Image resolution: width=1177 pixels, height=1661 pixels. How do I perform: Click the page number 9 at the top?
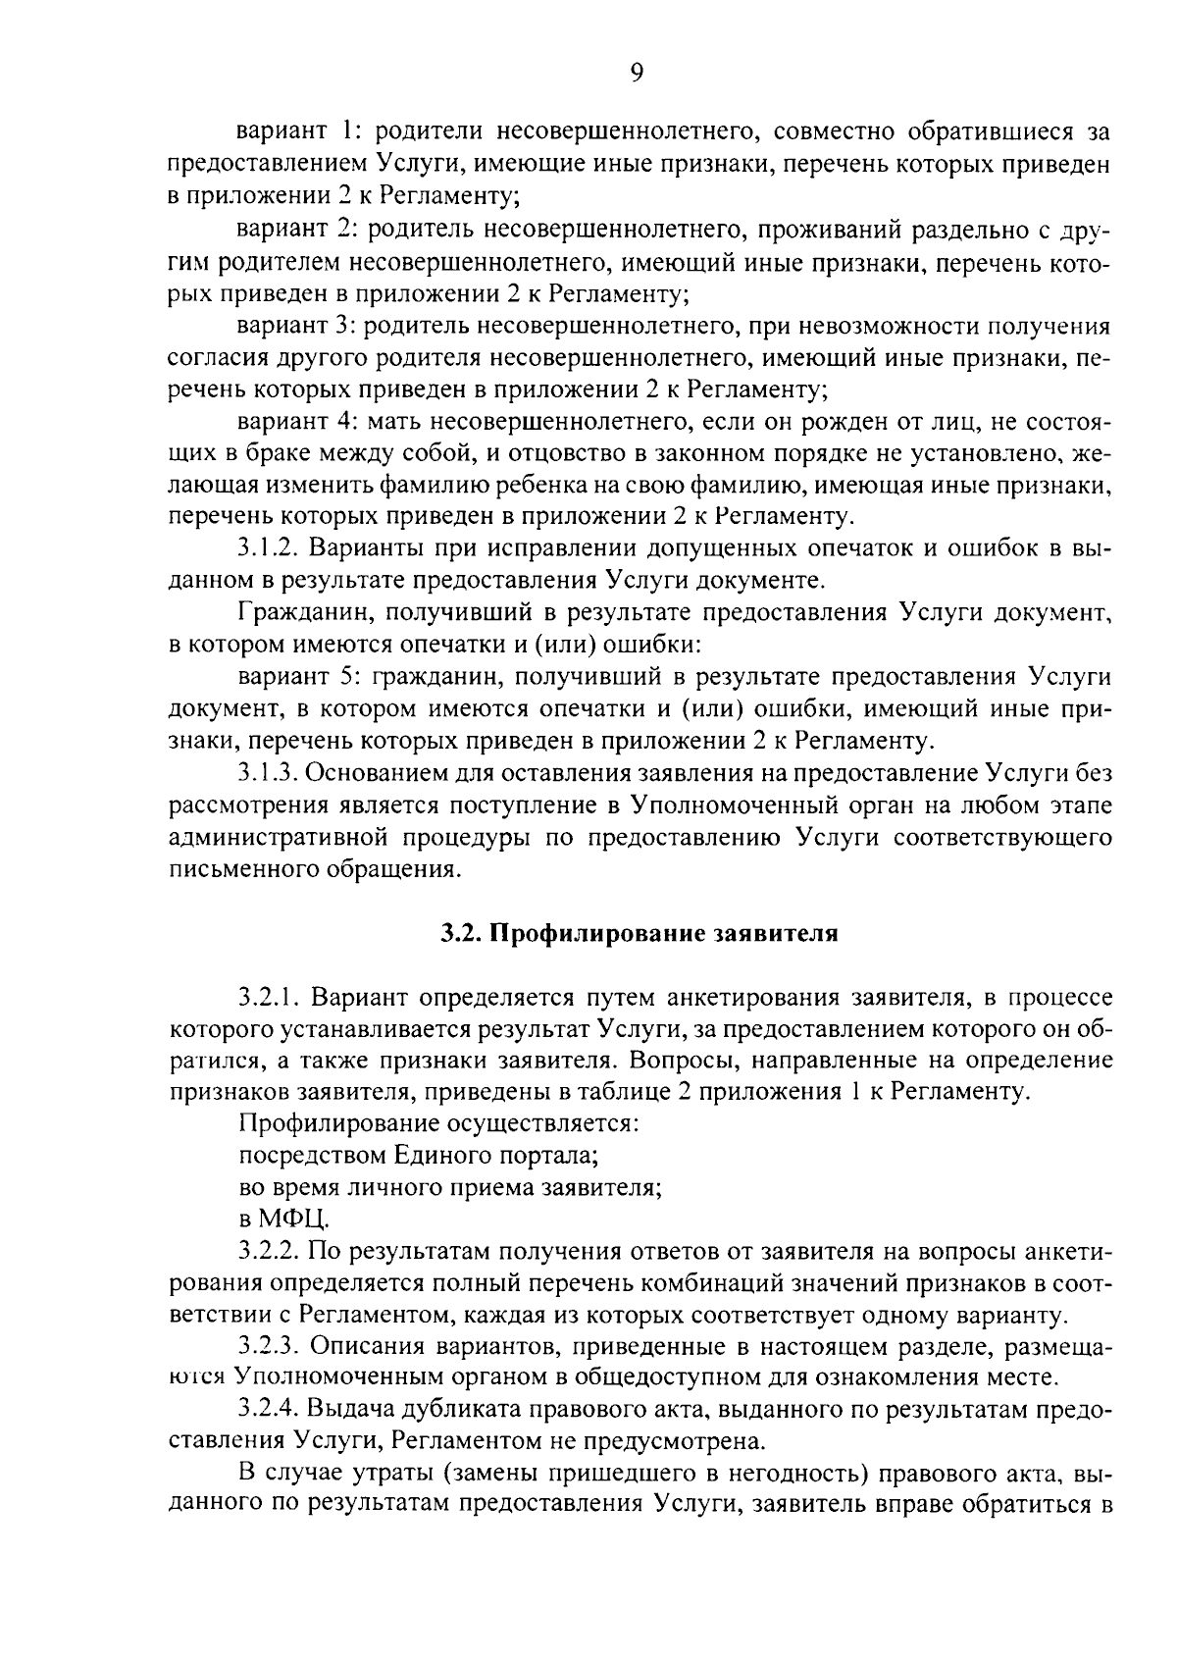[637, 75]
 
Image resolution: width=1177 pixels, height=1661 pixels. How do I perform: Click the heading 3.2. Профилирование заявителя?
[639, 933]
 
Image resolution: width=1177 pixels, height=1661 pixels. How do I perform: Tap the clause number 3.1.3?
[268, 773]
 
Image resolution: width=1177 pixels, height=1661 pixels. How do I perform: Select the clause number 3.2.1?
[268, 998]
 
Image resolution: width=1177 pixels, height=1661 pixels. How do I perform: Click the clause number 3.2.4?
[268, 1410]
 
